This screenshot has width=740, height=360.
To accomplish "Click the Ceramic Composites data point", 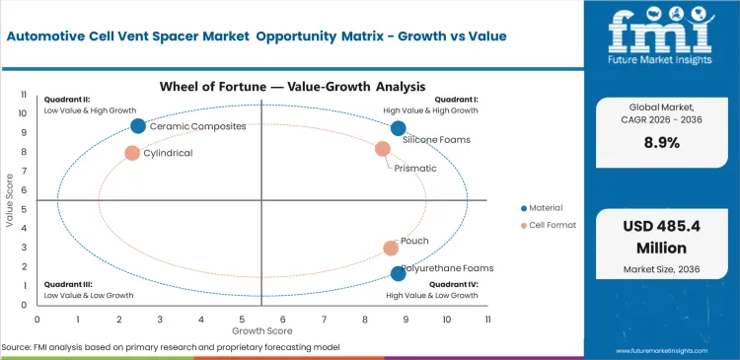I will point(138,125).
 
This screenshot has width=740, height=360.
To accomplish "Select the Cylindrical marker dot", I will point(132,153).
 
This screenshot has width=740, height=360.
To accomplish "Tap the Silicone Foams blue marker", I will point(398,128).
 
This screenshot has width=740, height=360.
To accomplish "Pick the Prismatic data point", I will point(383,149).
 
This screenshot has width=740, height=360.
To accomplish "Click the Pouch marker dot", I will point(391,249).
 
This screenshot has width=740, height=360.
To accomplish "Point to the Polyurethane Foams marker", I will point(398,273).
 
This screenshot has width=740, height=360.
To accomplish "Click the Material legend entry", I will point(543,208).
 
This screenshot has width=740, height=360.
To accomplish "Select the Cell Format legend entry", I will point(547,226).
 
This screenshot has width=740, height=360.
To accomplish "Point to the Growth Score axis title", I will point(261,331).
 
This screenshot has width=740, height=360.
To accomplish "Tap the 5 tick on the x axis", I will point(242,321).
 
